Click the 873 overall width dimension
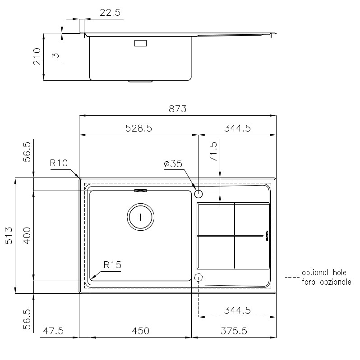(x=177, y=109)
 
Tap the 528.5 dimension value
(x=138, y=128)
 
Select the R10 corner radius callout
(x=59, y=163)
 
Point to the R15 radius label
(x=112, y=265)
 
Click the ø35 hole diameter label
(x=173, y=164)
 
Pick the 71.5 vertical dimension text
(x=213, y=152)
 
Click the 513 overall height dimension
(x=9, y=236)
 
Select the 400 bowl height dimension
(x=27, y=236)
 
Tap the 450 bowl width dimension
(x=140, y=331)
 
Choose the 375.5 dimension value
(x=234, y=331)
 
